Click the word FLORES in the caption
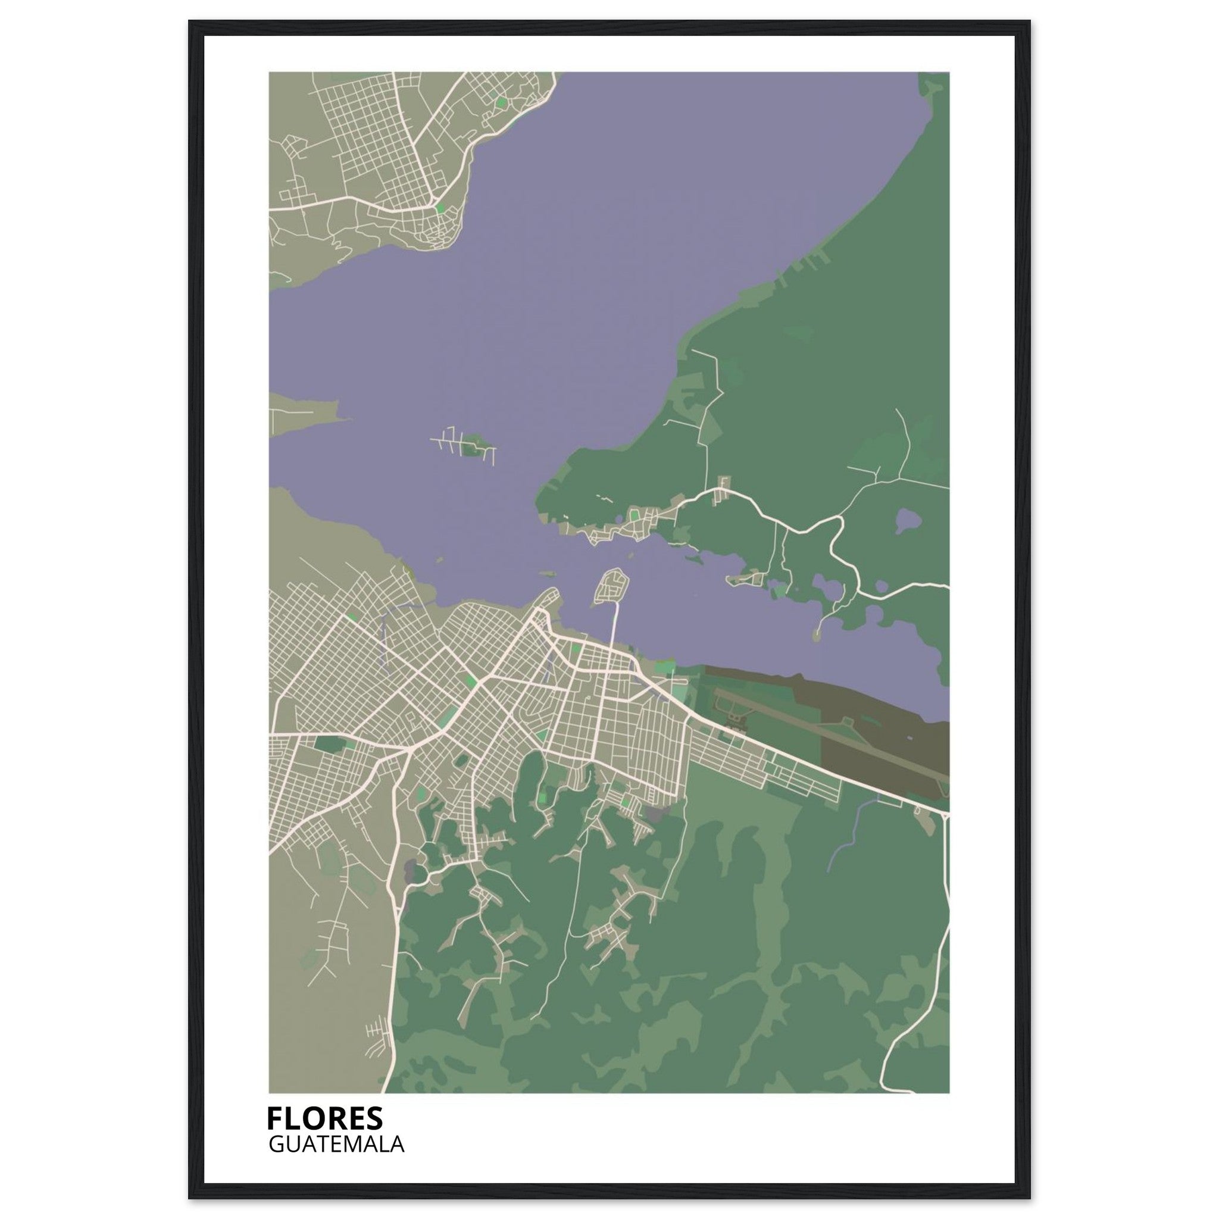324,1117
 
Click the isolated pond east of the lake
907,521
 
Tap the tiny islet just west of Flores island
546,575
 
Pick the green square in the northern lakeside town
501,101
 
